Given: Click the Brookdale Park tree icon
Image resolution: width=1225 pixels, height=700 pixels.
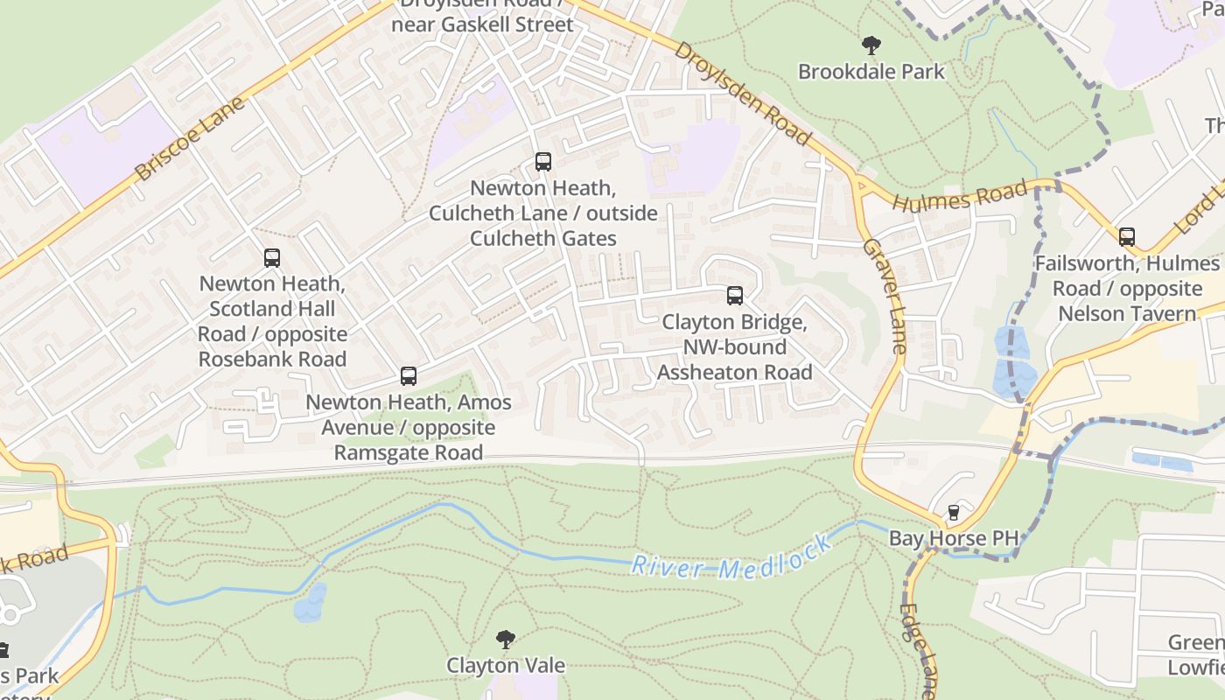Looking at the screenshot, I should (x=871, y=45).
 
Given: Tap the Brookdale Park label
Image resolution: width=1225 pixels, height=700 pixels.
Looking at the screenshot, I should (x=871, y=72).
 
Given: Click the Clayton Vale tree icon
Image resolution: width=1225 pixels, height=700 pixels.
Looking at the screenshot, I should (x=505, y=640).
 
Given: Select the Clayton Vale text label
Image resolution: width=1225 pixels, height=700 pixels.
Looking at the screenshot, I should (x=506, y=666).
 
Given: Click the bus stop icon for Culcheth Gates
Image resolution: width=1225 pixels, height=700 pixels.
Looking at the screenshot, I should (x=543, y=162).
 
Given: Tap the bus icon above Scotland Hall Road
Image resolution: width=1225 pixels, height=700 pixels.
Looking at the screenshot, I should (x=272, y=258).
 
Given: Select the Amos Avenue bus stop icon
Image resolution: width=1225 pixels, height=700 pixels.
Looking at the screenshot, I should (x=409, y=376).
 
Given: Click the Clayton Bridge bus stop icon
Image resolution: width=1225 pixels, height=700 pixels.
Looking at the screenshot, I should (x=735, y=296).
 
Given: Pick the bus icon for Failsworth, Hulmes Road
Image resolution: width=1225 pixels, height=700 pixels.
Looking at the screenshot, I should (x=1127, y=237).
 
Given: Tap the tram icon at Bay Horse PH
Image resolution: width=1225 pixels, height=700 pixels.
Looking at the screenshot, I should (x=954, y=513).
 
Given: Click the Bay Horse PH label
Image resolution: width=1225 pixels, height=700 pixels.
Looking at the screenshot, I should (x=954, y=538).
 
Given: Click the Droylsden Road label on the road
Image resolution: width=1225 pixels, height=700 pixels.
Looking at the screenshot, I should (x=742, y=92).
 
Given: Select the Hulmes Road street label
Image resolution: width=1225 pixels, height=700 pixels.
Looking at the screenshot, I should (x=960, y=196).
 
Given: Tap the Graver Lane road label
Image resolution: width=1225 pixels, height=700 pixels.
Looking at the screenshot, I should (x=885, y=295).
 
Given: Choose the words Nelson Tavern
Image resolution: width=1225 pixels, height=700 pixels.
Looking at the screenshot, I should (x=1127, y=313).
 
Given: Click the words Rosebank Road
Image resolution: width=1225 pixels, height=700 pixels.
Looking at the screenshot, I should (x=272, y=359).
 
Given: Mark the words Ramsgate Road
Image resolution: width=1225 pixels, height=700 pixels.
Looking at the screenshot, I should (x=409, y=452).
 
